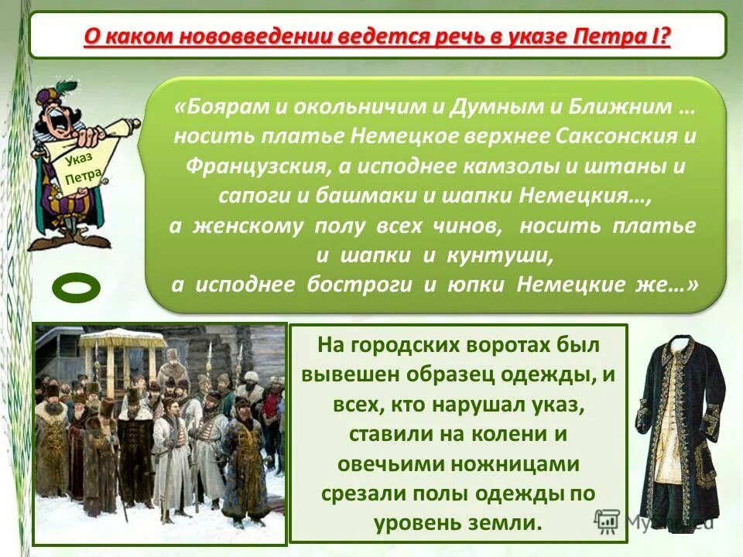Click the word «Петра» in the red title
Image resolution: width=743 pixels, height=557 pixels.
click(x=615, y=36)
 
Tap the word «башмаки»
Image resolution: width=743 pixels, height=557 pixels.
click(x=368, y=195)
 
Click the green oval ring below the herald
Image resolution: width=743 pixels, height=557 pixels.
click(x=77, y=288)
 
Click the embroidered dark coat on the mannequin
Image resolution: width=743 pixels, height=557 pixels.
click(x=680, y=418)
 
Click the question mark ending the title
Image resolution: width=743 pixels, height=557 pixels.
click(x=664, y=36)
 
